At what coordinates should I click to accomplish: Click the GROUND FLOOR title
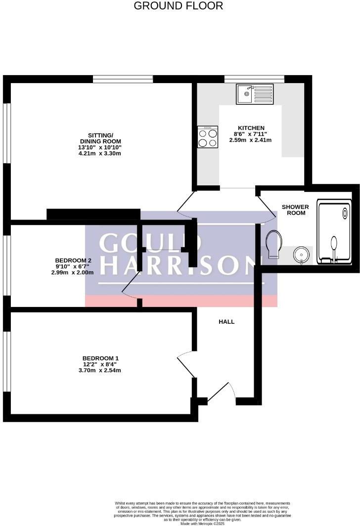(179, 6)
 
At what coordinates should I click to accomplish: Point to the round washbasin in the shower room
(301, 255)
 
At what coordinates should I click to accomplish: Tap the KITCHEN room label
(251, 128)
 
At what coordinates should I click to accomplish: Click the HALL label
(226, 322)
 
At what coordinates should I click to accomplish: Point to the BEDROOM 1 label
(100, 358)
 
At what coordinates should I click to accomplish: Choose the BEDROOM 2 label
(73, 261)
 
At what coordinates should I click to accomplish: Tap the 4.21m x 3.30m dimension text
(100, 153)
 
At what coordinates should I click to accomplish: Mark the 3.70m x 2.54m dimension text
(100, 370)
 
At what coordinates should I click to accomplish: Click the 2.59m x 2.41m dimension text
(250, 140)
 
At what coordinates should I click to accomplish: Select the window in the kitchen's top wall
(254, 79)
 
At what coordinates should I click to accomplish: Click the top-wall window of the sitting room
(123, 79)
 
